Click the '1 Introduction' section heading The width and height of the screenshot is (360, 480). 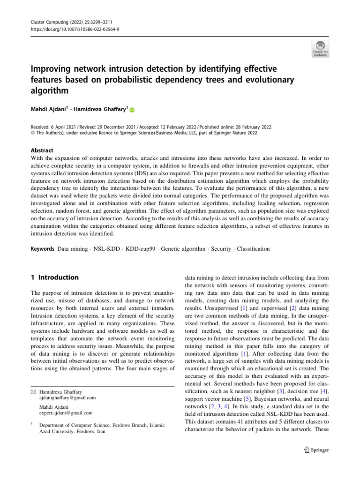tap(52, 277)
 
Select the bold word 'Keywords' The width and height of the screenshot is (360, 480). tap(39, 248)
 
